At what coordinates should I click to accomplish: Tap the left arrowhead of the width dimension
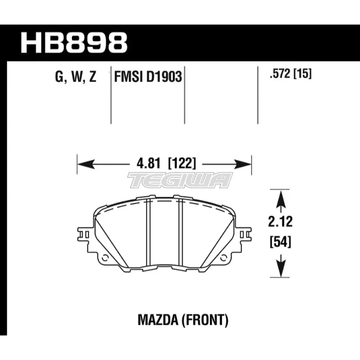pyautogui.click(x=82, y=165)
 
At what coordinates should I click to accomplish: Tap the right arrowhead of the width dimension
pyautogui.click(x=246, y=165)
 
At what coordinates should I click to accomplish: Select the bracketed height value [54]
pyautogui.click(x=280, y=242)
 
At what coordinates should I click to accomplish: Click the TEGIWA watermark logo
pyautogui.click(x=180, y=180)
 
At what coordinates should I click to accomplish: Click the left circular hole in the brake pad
pyautogui.click(x=105, y=258)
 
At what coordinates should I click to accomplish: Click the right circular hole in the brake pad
pyautogui.click(x=224, y=258)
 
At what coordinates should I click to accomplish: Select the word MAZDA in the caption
pyautogui.click(x=156, y=319)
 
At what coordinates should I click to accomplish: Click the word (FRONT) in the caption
pyautogui.click(x=206, y=319)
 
